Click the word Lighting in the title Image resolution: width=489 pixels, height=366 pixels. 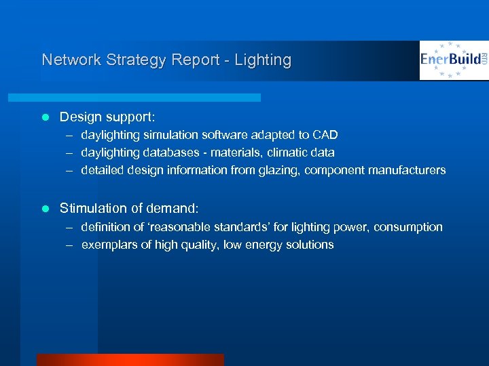tap(263, 60)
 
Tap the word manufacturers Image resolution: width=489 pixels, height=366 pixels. tap(407, 170)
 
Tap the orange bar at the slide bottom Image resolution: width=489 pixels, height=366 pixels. tap(130, 360)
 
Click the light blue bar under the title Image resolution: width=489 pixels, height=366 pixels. tap(149, 98)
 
